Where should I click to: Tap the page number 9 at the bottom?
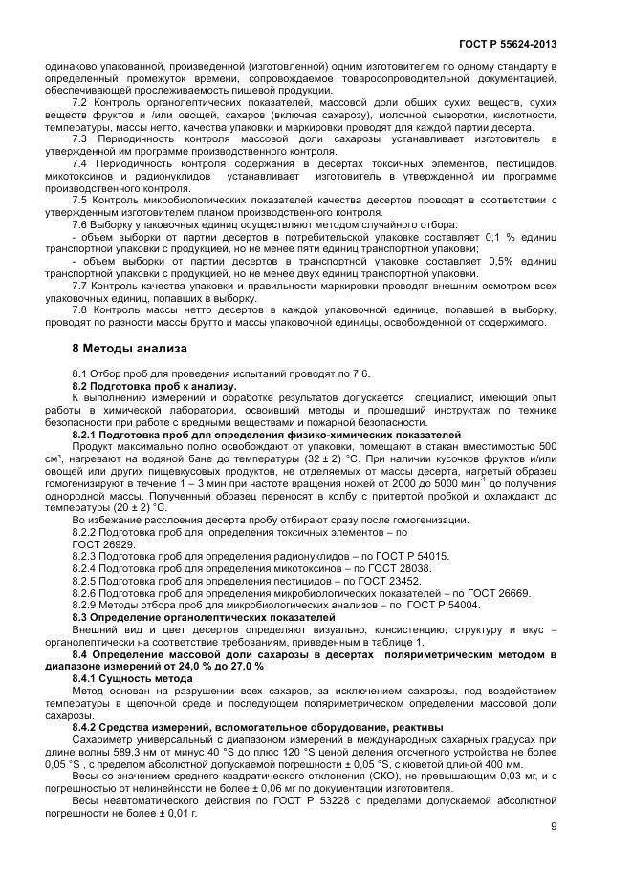point(554,826)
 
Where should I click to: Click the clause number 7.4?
point(80,163)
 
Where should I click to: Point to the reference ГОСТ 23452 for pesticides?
point(389,581)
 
